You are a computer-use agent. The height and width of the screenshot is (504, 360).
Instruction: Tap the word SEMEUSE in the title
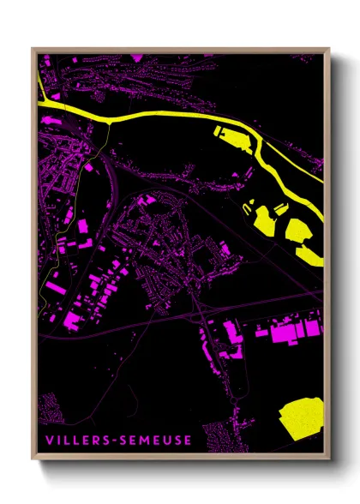click(x=159, y=441)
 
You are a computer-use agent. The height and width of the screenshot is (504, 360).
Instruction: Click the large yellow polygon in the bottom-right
click(x=301, y=419)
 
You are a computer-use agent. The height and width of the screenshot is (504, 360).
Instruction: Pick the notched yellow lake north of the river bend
click(x=229, y=135)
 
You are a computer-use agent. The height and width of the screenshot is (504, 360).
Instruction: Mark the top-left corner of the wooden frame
click(x=33, y=48)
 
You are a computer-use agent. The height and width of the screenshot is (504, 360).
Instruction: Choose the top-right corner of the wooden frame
click(x=329, y=48)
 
